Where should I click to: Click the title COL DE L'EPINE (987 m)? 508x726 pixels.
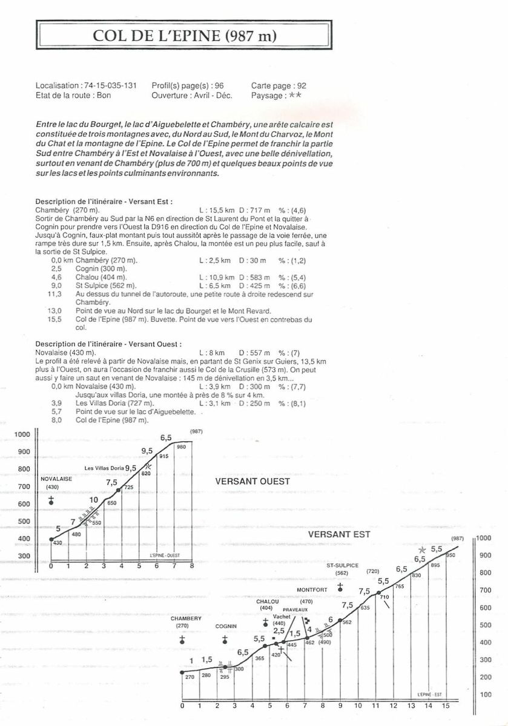click(x=184, y=36)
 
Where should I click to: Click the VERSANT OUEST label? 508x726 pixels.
click(x=252, y=482)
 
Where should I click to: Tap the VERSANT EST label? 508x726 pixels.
click(x=338, y=535)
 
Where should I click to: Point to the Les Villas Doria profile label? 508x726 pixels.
click(x=104, y=468)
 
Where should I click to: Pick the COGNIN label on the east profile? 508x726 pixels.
click(x=225, y=626)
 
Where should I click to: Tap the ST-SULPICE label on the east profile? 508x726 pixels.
click(x=340, y=565)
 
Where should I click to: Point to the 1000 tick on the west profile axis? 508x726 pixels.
click(x=22, y=434)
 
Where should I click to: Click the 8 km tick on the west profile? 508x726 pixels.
click(x=191, y=566)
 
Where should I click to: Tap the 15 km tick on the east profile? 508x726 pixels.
click(x=446, y=705)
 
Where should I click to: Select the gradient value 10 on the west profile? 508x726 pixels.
click(x=94, y=500)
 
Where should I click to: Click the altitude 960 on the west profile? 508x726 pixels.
click(x=180, y=447)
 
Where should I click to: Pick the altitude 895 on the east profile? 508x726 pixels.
click(x=434, y=565)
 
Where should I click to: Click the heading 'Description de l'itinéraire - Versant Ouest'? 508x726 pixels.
click(x=108, y=344)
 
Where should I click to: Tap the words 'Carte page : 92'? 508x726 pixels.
click(x=279, y=86)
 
